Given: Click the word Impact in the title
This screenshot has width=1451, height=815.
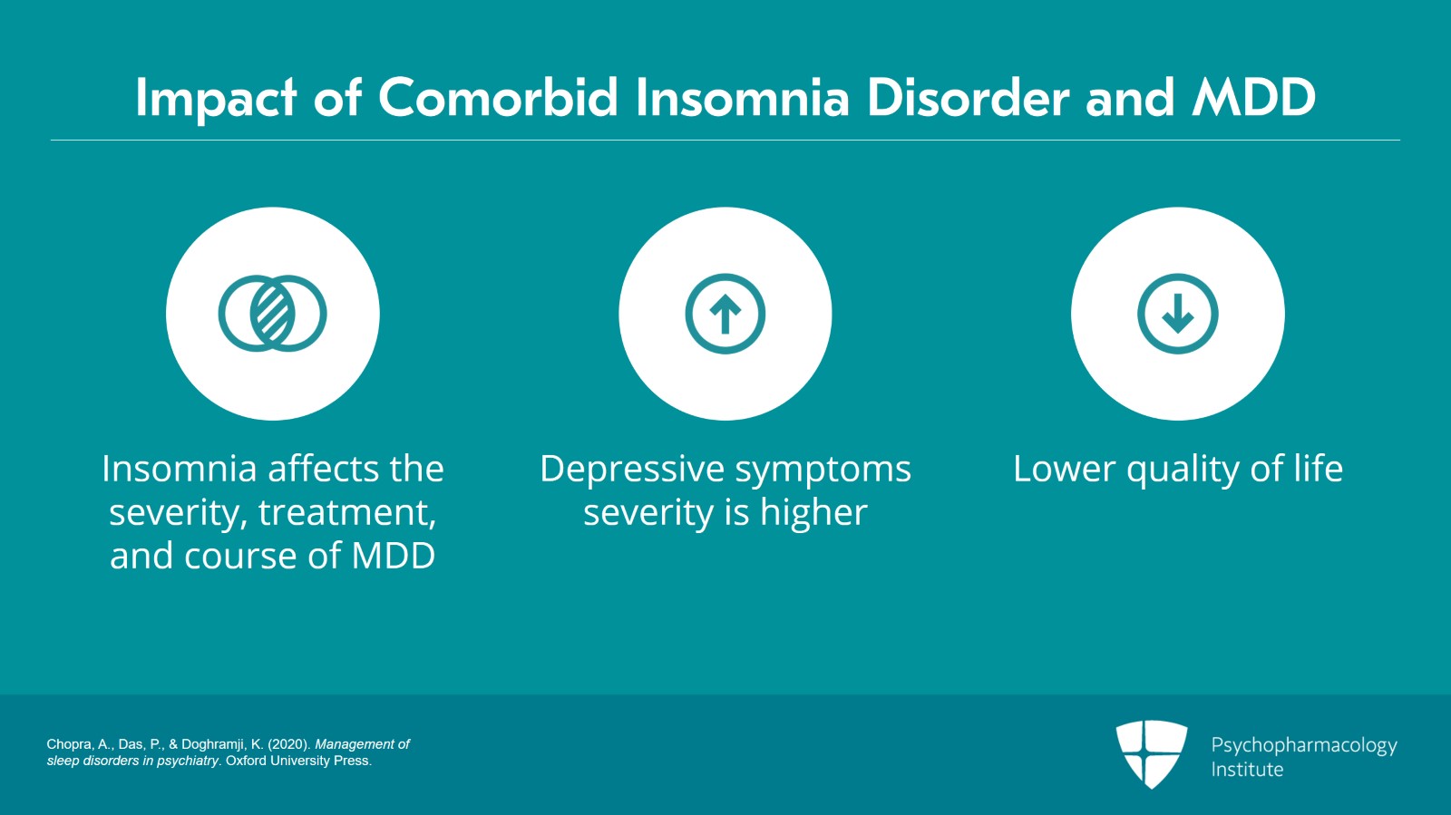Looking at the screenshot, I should [x=216, y=98].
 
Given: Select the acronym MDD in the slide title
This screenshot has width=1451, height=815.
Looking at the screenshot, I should [x=1253, y=98].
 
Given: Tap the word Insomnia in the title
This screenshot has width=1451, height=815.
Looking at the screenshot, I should [x=742, y=98].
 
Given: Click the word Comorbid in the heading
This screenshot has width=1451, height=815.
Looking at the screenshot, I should [x=498, y=98].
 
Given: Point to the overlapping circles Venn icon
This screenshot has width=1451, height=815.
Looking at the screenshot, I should [x=272, y=314].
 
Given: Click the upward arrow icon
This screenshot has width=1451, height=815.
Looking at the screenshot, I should [x=725, y=314].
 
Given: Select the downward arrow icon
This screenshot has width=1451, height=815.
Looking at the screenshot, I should [x=1177, y=314].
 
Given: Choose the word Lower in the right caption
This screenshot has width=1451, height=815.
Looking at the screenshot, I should [x=1064, y=470].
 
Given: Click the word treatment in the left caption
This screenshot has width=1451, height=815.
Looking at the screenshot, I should [x=346, y=513].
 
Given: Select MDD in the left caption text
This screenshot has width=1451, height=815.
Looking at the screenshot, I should [x=393, y=556].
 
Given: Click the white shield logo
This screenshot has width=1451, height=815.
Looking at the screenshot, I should [x=1151, y=753].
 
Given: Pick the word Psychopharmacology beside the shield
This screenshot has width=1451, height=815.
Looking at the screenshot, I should [x=1303, y=745].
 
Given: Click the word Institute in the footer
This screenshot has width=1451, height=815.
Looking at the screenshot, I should [x=1247, y=770].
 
